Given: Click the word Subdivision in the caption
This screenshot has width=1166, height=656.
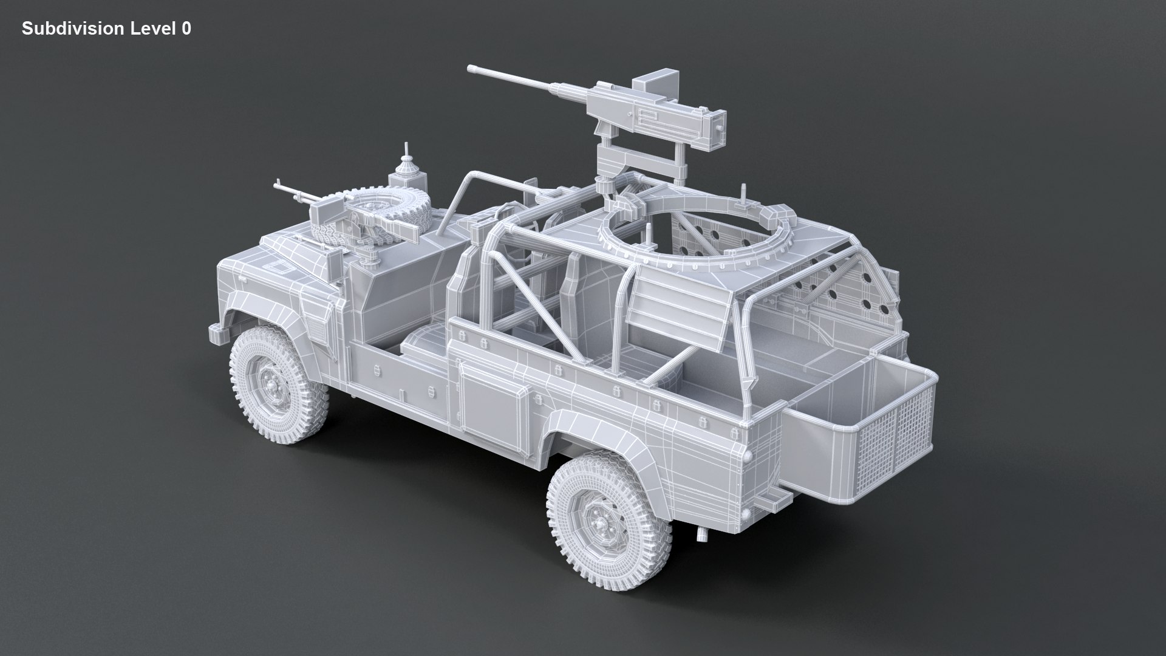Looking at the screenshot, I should click(67, 29).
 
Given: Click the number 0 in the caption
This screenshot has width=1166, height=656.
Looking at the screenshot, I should click(186, 29).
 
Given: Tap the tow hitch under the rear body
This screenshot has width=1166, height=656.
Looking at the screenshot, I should click(703, 533).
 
